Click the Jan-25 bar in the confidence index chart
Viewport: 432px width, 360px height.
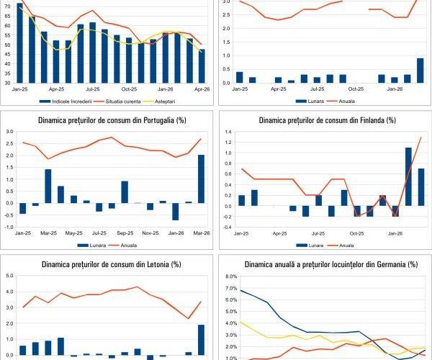click(19, 43)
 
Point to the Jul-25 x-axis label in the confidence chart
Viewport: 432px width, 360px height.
click(92, 89)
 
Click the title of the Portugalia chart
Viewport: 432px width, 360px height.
click(108, 120)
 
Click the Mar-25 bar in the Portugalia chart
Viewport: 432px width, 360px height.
click(48, 186)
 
